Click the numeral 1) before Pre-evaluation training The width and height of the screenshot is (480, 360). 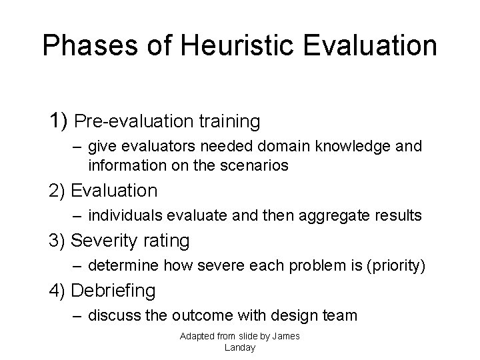59,121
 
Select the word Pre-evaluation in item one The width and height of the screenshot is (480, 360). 127,122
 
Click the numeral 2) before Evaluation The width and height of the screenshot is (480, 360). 57,191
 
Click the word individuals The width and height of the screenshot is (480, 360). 121,216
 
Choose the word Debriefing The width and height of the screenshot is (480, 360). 113,290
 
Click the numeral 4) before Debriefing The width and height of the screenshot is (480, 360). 57,290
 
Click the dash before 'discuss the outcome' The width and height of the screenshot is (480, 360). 78,315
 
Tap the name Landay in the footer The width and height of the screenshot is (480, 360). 240,347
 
